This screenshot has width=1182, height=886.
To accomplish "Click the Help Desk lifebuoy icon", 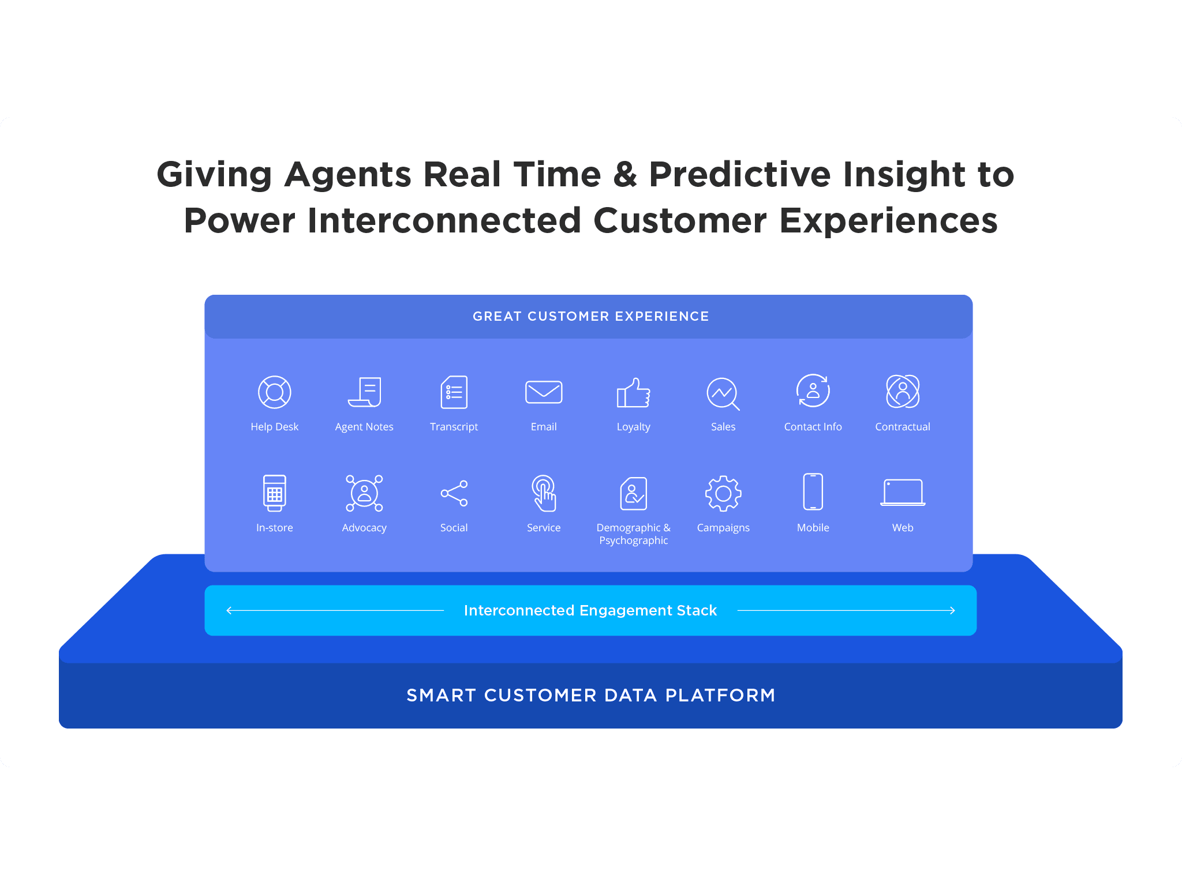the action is click(275, 392).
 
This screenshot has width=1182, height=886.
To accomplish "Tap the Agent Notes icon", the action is click(365, 392).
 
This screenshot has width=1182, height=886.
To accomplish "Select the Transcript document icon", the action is click(454, 392).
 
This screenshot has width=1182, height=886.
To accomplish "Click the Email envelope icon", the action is click(544, 392).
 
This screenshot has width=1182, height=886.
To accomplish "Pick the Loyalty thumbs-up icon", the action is click(634, 393).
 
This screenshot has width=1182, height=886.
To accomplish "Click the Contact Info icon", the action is click(813, 391).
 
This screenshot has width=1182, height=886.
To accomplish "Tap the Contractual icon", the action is click(903, 392).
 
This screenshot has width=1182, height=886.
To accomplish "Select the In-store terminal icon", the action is click(275, 493).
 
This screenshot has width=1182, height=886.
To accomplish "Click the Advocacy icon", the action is click(365, 493).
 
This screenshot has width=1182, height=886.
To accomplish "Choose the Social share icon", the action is click(454, 493).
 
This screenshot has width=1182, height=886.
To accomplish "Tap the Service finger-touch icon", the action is click(544, 493).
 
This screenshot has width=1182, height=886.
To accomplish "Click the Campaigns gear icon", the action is click(723, 493).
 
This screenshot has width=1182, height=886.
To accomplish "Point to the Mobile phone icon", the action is click(813, 491).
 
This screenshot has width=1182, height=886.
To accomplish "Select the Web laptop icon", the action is click(903, 493).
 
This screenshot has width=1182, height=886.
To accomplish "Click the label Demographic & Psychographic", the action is click(634, 534).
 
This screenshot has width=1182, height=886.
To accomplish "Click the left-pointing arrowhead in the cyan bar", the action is click(229, 610).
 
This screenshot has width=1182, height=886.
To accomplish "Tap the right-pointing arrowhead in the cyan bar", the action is click(952, 610).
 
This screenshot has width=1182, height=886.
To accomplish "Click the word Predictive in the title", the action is click(740, 174).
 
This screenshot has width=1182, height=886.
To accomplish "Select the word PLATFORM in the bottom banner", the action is click(720, 695).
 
